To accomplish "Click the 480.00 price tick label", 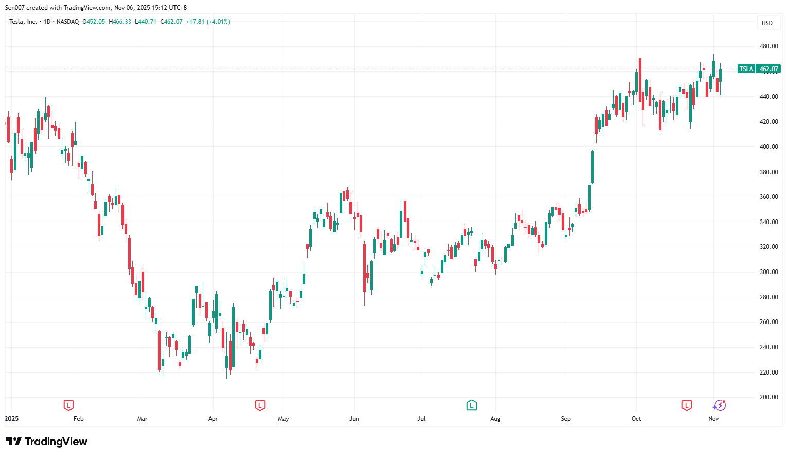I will [x=768, y=46].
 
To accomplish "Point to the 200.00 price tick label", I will [x=768, y=397].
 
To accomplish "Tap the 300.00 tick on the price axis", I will [x=768, y=272].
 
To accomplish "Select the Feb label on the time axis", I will [x=78, y=419].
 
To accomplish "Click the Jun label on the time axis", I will [x=354, y=419].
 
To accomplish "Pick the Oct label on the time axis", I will [x=636, y=419].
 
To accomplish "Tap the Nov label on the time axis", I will [x=713, y=419].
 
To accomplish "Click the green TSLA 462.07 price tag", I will [x=759, y=69].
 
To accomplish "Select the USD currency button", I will [x=767, y=23].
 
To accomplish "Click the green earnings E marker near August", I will [x=471, y=405].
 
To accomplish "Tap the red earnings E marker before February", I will [x=68, y=405].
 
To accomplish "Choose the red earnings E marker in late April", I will [x=260, y=405].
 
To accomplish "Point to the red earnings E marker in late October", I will [x=687, y=405].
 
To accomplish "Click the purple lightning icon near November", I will [x=719, y=405].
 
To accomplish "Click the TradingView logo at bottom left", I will [x=46, y=442].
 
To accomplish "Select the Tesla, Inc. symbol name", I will [x=23, y=22].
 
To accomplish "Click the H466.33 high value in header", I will [x=120, y=22].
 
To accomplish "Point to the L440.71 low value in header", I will [x=146, y=22].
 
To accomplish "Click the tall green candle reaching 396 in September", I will [x=592, y=167].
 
